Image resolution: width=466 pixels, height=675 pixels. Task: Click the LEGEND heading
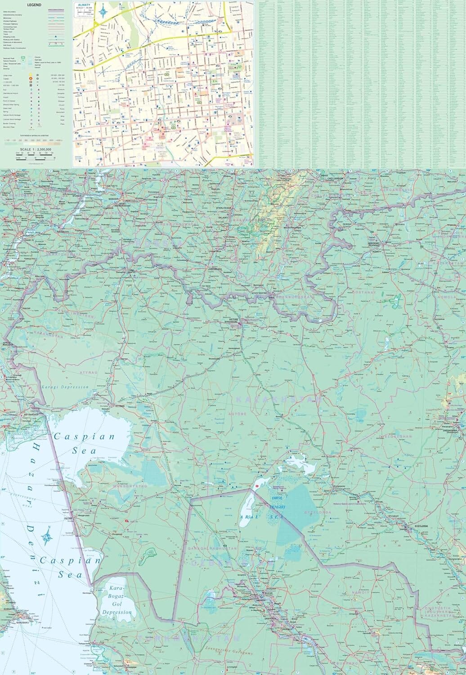[x=34, y=4]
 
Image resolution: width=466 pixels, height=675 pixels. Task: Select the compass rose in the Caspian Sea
[x=47, y=535]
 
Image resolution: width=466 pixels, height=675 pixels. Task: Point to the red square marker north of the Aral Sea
[x=257, y=486]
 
